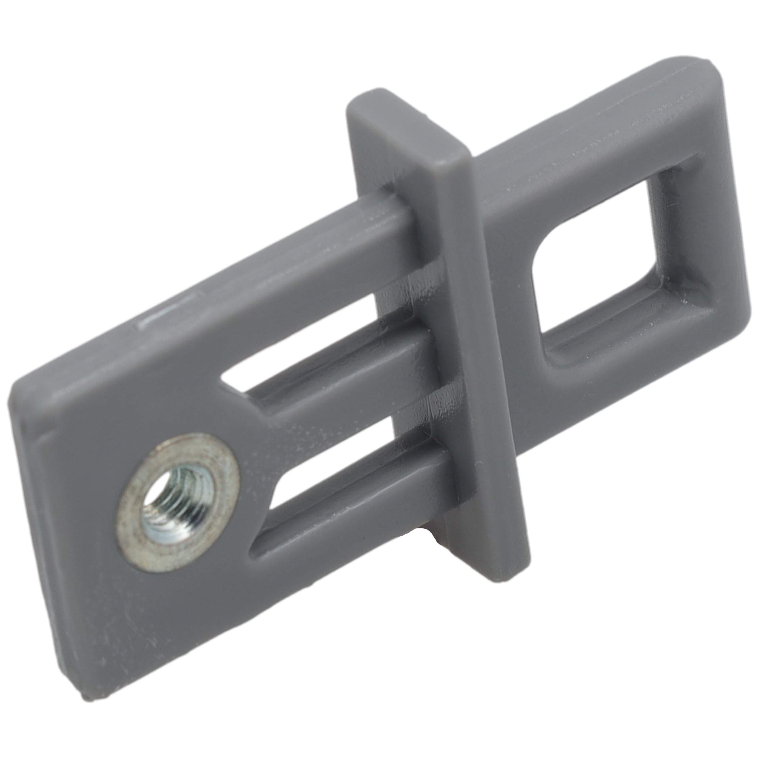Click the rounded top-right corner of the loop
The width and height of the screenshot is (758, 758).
coord(706,75)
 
